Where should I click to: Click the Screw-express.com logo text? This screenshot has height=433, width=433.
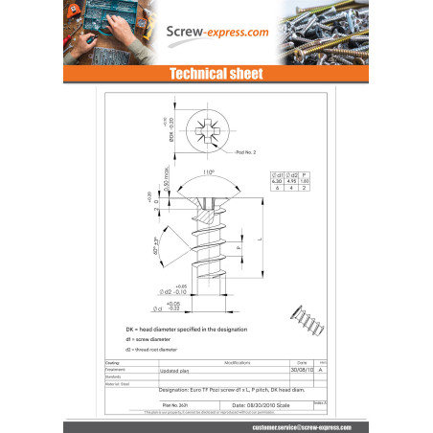click(216, 33)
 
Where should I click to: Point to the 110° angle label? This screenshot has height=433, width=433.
click(209, 173)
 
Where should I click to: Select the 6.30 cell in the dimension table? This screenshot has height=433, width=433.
click(277, 181)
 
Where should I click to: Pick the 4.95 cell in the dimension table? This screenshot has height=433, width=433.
click(291, 181)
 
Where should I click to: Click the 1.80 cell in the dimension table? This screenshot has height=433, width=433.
click(305, 181)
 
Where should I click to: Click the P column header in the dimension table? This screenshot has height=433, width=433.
click(305, 174)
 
